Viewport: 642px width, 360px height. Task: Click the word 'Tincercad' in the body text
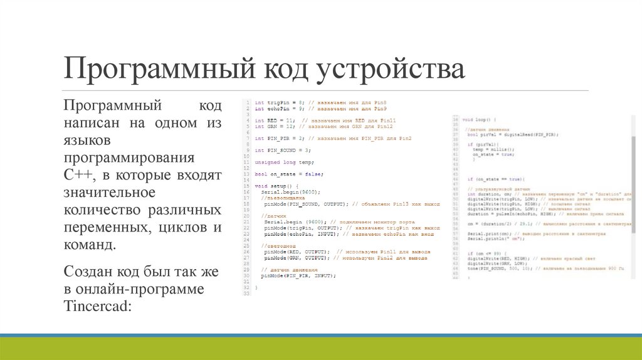pyautogui.click(x=95, y=305)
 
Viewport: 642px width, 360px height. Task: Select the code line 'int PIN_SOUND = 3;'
pyautogui.click(x=283, y=150)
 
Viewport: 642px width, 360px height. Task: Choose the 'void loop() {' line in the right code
pyautogui.click(x=479, y=119)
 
